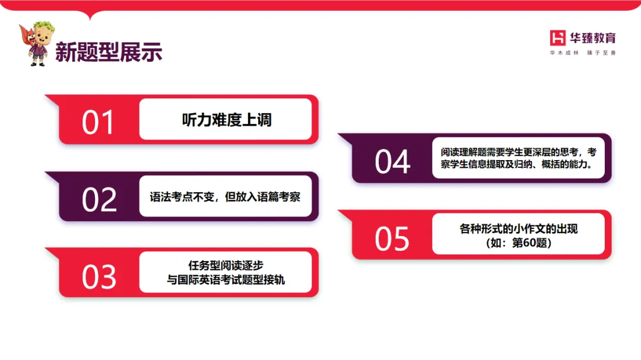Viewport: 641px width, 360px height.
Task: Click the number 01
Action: pos(98,123)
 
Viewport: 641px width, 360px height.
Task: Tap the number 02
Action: pos(99,199)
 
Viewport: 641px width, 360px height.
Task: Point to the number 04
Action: pos(392,161)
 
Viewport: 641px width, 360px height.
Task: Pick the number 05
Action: pos(392,238)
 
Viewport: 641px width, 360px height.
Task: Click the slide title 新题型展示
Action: pos(109,52)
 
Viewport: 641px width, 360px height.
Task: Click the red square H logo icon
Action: pos(558,38)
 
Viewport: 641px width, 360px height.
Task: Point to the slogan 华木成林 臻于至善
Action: pos(583,53)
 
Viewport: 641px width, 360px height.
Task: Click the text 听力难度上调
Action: pos(226,120)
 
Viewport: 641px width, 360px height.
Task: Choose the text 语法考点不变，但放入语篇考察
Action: pos(225,196)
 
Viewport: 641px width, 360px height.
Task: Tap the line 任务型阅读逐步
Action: pos(226,266)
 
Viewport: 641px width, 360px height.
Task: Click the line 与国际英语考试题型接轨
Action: pos(226,279)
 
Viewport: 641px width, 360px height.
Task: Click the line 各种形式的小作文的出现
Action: pos(518,228)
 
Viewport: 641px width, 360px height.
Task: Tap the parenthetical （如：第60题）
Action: pos(518,242)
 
